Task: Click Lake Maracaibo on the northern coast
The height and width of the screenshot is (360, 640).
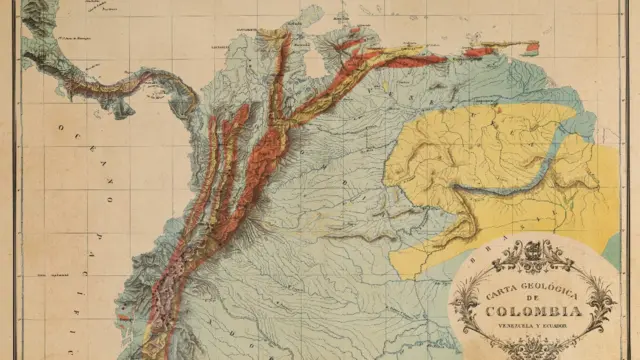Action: (x=316, y=62)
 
